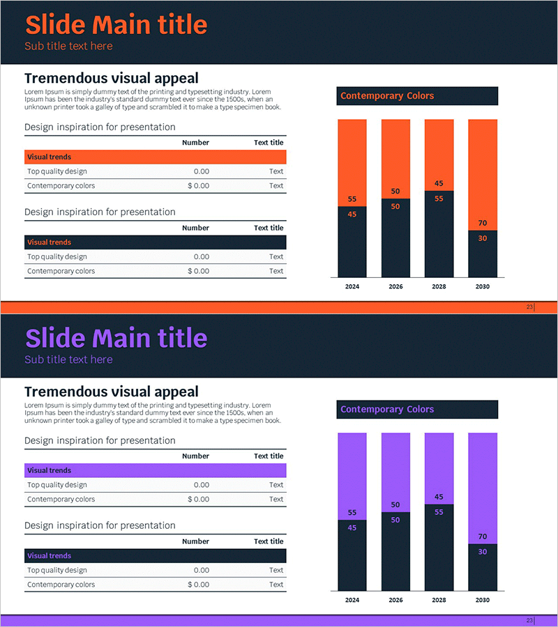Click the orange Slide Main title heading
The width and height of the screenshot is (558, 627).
[116, 25]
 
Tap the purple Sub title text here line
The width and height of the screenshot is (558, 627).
[68, 359]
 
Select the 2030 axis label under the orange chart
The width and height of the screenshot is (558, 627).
[482, 286]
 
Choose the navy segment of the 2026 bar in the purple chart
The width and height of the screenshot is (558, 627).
[395, 557]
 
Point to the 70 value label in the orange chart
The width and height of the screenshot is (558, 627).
[482, 224]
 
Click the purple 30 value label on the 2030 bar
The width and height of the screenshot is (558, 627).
[482, 552]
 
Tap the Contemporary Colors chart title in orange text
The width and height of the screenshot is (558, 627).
[387, 96]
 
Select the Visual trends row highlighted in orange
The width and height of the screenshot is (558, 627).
[155, 157]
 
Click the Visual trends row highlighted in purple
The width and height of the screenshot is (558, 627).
[155, 471]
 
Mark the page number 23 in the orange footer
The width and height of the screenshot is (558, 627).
[529, 307]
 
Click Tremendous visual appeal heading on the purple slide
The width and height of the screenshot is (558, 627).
[111, 392]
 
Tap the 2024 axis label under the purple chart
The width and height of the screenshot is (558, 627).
[352, 600]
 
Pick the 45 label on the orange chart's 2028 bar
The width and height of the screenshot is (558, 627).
[439, 184]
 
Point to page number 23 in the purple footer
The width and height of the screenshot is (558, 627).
[529, 620]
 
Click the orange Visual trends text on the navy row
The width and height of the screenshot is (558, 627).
[49, 242]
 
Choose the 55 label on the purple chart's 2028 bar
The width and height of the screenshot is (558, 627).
[439, 512]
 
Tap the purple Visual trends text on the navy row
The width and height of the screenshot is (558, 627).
[49, 556]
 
